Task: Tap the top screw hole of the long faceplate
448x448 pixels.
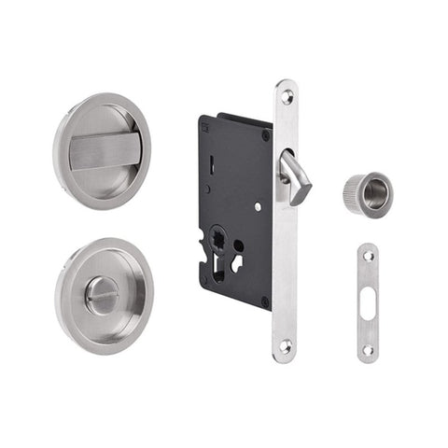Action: pyautogui.click(x=286, y=95)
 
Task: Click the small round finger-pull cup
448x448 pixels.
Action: pyautogui.click(x=366, y=193)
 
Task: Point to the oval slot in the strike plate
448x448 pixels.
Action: pyautogui.click(x=368, y=300)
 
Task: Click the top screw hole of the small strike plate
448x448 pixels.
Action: pyautogui.click(x=368, y=255)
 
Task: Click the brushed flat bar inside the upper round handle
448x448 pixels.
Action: pyautogui.click(x=105, y=149)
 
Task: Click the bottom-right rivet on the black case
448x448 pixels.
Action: pyautogui.click(x=265, y=301)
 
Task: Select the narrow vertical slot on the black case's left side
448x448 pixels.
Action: pyautogui.click(x=213, y=172)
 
